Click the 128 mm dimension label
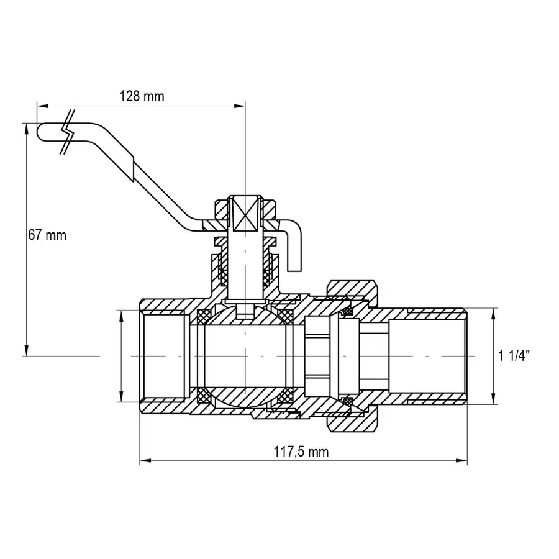[142, 96]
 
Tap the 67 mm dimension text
[47, 235]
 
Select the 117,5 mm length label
[301, 452]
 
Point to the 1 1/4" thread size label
[514, 356]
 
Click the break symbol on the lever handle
[68, 132]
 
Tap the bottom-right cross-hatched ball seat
[286, 395]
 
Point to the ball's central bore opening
[246, 356]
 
